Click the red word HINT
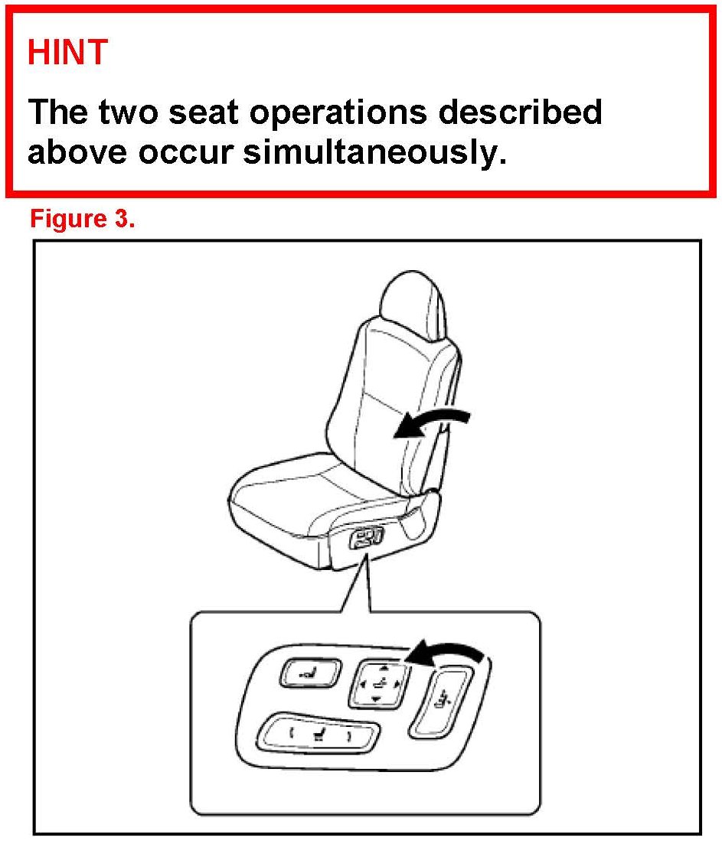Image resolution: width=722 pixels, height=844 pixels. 68,52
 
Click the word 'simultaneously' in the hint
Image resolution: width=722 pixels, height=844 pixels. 374,152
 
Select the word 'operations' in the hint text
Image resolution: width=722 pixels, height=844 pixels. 338,112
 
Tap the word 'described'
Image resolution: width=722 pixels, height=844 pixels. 520,112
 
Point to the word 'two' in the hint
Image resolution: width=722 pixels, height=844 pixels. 128,112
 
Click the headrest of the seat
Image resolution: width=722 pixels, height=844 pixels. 413,304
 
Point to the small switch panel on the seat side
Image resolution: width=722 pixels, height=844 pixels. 366,538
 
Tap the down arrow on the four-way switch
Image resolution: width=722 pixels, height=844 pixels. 376,699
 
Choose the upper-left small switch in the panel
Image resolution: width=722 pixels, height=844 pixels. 310,673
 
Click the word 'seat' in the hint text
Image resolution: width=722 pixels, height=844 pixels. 204,112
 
